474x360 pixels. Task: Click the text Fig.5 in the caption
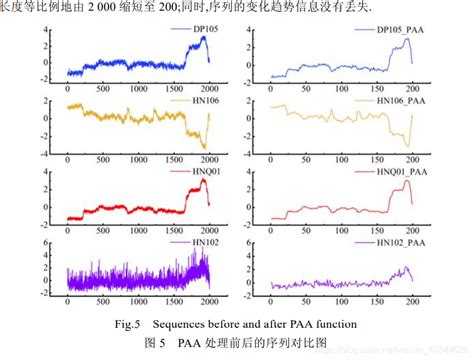(x=129, y=324)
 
